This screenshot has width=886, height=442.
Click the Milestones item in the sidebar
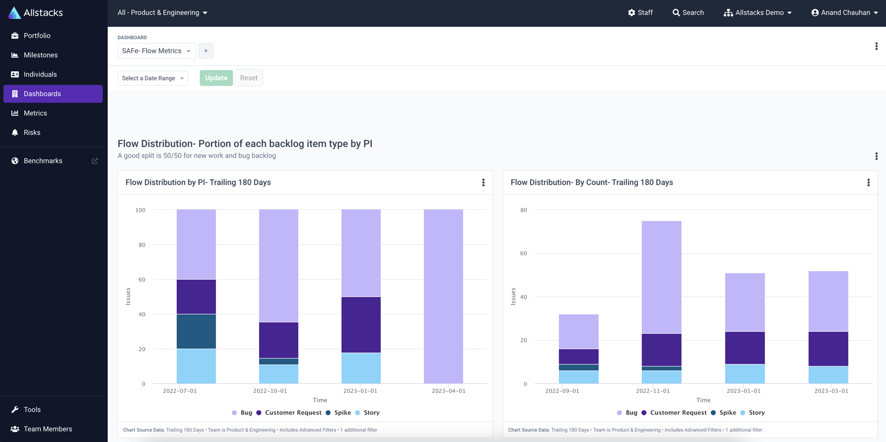(x=41, y=55)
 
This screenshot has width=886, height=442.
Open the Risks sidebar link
(x=32, y=133)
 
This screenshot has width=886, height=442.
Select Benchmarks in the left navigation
(x=43, y=161)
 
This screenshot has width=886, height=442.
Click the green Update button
(x=216, y=78)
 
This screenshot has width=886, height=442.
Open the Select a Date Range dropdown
(x=152, y=78)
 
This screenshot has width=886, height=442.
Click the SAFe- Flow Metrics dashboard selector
(x=156, y=51)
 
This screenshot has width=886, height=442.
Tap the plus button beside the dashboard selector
(x=206, y=51)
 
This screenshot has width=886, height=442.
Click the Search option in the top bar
(x=688, y=12)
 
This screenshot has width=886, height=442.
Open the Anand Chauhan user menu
(x=844, y=12)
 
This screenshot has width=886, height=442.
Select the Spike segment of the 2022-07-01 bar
(x=196, y=331)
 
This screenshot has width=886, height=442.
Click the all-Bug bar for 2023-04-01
(x=443, y=296)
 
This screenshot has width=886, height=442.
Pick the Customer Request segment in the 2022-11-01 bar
(x=661, y=350)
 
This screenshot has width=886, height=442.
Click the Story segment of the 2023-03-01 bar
(x=828, y=374)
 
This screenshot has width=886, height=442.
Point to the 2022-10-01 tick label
(x=270, y=391)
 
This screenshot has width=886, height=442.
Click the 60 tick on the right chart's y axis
(x=524, y=253)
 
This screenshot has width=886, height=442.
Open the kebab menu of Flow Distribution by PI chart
(x=483, y=183)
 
